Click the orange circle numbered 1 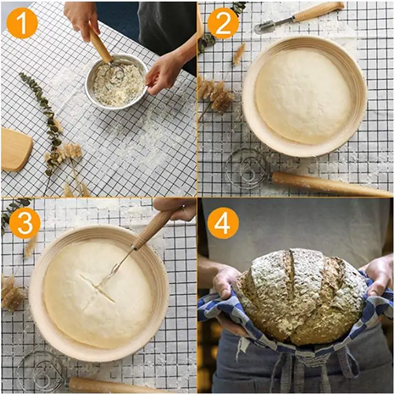pyautogui.click(x=22, y=23)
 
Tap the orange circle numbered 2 pyautogui.click(x=223, y=23)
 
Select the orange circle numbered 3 pyautogui.click(x=25, y=223)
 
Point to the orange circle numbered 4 pyautogui.click(x=223, y=223)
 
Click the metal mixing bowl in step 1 pyautogui.click(x=117, y=82)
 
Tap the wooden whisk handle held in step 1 pyautogui.click(x=100, y=45)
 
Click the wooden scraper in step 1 pyautogui.click(x=16, y=150)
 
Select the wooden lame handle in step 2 pyautogui.click(x=319, y=11)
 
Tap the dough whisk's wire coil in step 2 pyautogui.click(x=248, y=168)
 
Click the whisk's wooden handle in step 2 pyautogui.click(x=331, y=185)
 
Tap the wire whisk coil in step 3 pyautogui.click(x=40, y=371)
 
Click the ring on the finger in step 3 pyautogui.click(x=183, y=207)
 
